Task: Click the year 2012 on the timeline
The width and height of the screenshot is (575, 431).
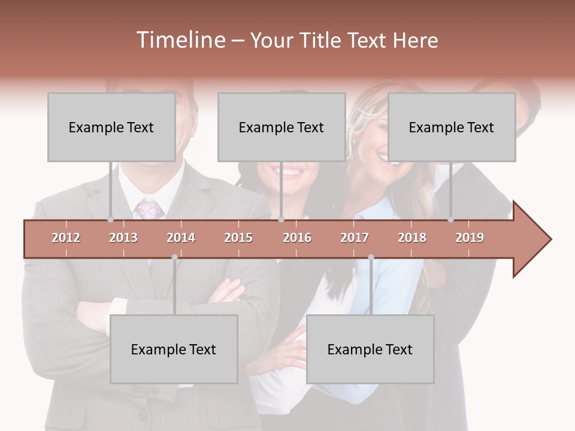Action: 66,238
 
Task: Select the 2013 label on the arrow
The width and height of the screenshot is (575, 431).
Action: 123,238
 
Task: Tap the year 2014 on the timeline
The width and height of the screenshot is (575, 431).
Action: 181,238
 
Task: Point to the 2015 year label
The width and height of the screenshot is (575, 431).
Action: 238,238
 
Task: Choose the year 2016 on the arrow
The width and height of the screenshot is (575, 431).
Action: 297,238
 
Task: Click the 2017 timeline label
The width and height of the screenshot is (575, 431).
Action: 355,238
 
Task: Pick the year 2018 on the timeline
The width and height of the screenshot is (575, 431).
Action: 412,238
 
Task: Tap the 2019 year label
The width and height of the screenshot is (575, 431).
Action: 470,238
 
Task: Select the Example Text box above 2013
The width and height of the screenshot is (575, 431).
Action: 111,127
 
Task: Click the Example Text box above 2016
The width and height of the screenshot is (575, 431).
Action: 282,127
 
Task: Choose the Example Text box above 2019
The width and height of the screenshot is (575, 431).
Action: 452,127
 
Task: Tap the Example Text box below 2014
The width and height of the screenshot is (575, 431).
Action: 174,349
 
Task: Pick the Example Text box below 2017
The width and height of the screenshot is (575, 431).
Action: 370,349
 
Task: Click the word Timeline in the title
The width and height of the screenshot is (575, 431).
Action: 180,40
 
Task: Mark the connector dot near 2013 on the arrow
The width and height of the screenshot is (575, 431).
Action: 110,220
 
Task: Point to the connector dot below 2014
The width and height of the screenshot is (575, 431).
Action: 174,257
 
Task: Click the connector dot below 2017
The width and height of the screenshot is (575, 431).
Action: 371,257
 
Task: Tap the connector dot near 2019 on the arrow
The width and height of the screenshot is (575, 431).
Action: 450,220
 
